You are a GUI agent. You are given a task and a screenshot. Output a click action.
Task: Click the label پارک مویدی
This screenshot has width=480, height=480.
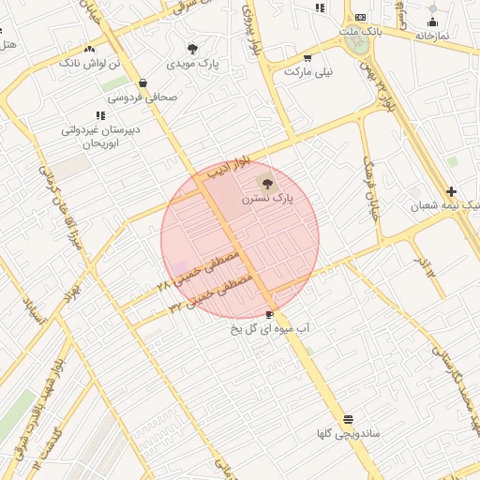(x=192, y=65)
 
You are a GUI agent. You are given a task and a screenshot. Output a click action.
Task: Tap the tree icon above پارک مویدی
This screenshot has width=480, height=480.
(x=193, y=49)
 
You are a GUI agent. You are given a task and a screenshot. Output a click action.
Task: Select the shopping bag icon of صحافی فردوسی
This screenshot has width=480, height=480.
(x=142, y=82)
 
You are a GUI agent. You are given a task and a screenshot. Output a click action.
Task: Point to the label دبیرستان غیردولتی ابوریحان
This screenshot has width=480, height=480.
(x=100, y=137)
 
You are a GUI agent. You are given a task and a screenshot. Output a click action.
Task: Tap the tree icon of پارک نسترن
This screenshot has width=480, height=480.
(x=268, y=184)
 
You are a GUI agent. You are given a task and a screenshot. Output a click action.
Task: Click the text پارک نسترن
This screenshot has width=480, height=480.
(x=267, y=199)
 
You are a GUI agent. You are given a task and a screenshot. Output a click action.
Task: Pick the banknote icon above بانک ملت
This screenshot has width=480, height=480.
(x=361, y=18)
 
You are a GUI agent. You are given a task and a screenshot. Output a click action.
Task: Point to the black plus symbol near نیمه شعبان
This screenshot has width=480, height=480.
(x=452, y=190)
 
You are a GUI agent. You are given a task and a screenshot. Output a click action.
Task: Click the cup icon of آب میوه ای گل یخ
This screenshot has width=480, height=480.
(x=271, y=314)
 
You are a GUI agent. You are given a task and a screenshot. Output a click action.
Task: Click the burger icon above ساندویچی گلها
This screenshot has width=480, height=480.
(x=349, y=419)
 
